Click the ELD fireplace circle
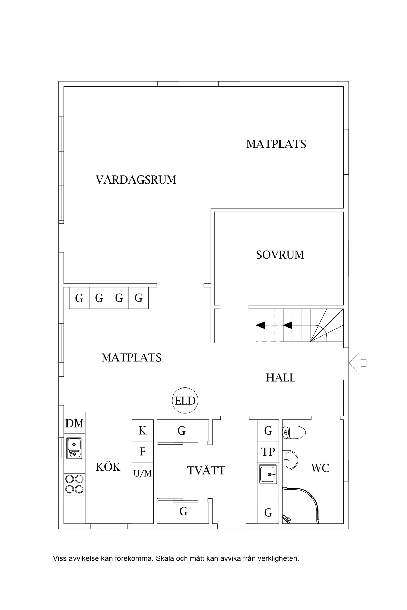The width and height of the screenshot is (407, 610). pyautogui.click(x=185, y=401)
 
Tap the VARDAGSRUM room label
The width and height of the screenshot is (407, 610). pyautogui.click(x=136, y=180)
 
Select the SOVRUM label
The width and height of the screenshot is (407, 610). pyautogui.click(x=280, y=255)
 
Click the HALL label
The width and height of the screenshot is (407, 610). pyautogui.click(x=281, y=378)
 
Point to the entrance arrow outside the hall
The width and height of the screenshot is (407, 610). pyautogui.click(x=358, y=363)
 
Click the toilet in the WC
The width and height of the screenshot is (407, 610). pyautogui.click(x=294, y=432)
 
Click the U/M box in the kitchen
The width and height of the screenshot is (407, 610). pyautogui.click(x=142, y=473)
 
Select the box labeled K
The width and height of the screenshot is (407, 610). pyautogui.click(x=142, y=431)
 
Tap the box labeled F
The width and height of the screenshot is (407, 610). pyautogui.click(x=142, y=452)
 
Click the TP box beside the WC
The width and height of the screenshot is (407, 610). pyautogui.click(x=268, y=452)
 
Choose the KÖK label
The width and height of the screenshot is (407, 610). pyautogui.click(x=108, y=467)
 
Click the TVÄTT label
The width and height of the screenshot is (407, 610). pyautogui.click(x=206, y=471)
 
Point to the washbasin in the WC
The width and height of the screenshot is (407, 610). pyautogui.click(x=290, y=460)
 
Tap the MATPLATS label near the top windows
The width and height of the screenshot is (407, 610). pyautogui.click(x=276, y=144)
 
